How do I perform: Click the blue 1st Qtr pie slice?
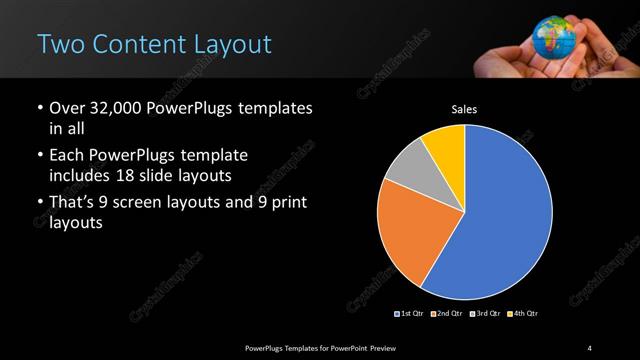point(505,215)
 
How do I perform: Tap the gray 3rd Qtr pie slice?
point(405,170)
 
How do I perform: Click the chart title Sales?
point(465,111)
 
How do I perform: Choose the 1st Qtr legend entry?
point(411,314)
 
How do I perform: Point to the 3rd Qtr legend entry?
point(484,314)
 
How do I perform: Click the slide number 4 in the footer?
point(589,347)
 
